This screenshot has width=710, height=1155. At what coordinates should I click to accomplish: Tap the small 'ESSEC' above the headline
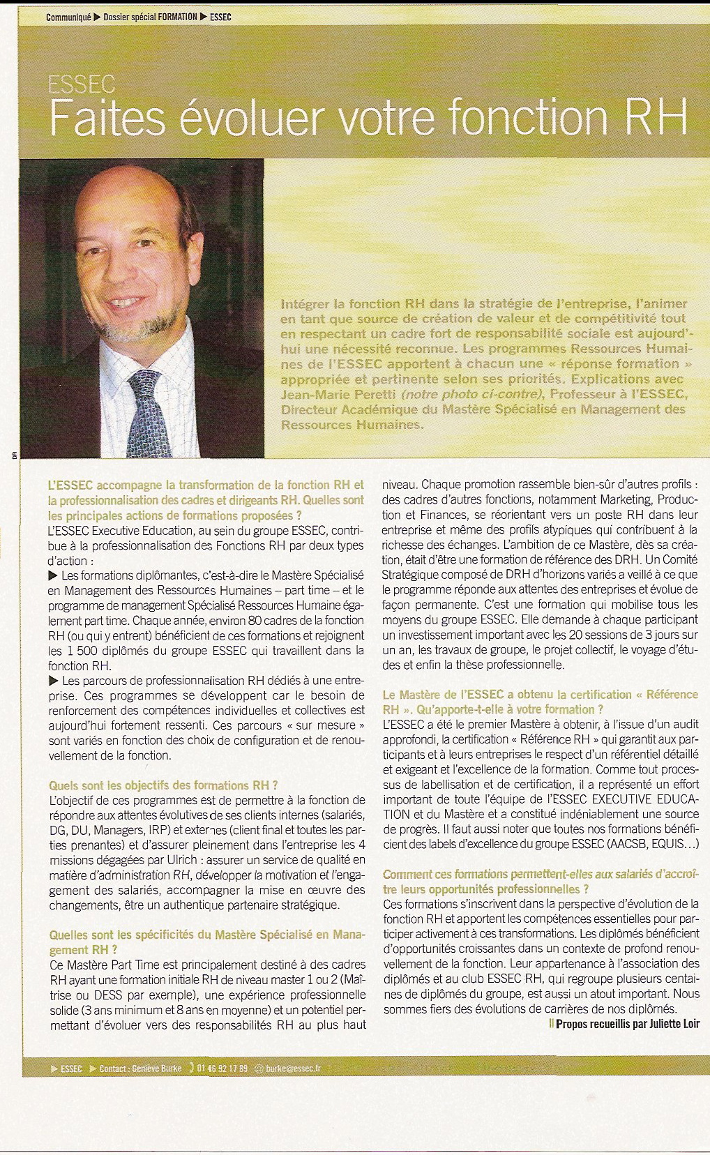(81, 84)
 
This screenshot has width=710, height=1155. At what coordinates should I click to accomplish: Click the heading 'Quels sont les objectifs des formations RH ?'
(164, 785)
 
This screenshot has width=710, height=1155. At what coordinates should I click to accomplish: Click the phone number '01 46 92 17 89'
(222, 1069)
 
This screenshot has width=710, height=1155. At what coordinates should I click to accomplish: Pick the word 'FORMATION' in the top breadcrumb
(177, 17)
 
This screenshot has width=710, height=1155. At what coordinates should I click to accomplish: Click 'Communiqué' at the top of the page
(68, 17)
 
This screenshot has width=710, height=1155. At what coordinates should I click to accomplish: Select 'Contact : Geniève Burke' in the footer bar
(140, 1069)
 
